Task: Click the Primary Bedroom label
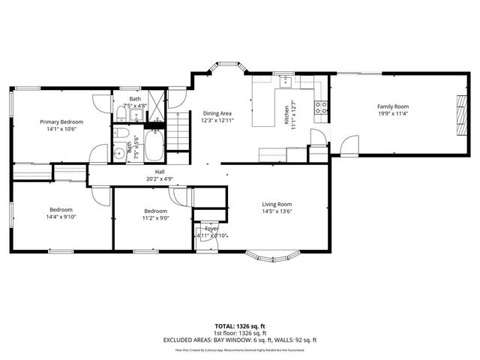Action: pos(61,121)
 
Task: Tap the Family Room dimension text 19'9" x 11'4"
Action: pos(392,114)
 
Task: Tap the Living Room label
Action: pos(276,204)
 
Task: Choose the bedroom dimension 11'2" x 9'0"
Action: pos(155,218)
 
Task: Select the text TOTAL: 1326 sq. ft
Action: pos(240,326)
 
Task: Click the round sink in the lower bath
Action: pos(120,154)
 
